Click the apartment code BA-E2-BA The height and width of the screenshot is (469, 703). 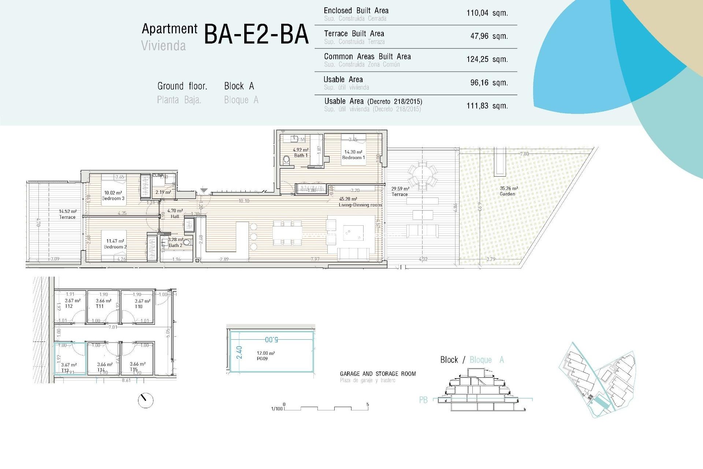point(256,34)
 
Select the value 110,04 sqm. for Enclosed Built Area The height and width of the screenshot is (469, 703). point(487,13)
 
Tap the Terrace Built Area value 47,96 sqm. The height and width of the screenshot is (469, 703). point(489,36)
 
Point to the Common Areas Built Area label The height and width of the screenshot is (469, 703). point(367,57)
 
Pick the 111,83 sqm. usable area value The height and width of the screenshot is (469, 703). point(487,106)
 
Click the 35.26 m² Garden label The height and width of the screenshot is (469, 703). point(508,191)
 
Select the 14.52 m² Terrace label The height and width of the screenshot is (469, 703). point(68,214)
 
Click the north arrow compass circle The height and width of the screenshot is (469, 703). point(146,400)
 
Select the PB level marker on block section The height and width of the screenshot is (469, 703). point(423,400)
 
